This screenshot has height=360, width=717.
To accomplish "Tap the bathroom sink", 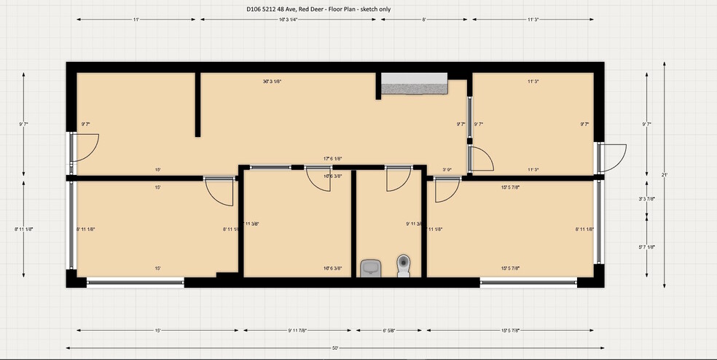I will coord(371,267).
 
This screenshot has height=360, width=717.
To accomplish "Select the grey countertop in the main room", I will coord(414,84).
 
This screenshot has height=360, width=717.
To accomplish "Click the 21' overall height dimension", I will coord(665,175).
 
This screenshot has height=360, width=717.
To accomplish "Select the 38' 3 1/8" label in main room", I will coord(272,82).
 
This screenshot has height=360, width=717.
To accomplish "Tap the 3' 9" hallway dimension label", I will coord(447,170).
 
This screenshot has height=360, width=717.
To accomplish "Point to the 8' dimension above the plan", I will coord(423,20).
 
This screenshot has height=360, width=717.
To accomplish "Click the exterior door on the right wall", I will coord(611,157).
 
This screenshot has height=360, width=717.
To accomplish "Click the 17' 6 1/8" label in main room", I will coord(333,159).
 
